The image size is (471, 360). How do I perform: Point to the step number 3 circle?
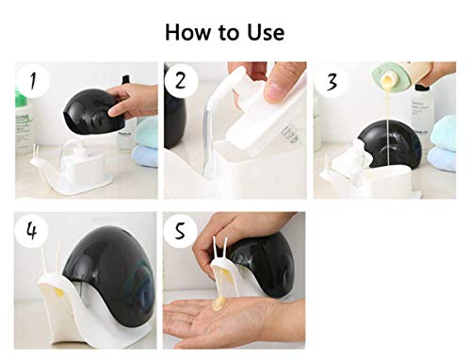pos(332,82)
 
